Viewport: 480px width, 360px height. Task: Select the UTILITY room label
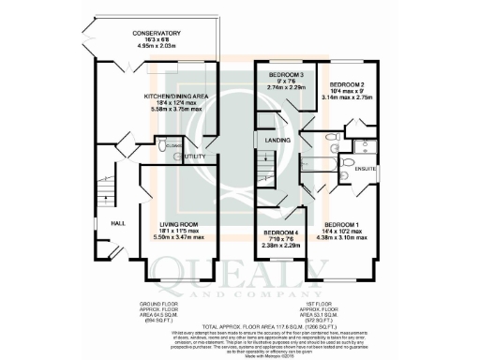[195, 156]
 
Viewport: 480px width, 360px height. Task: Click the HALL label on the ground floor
[119, 224]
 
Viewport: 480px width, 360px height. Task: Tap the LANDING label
[278, 142]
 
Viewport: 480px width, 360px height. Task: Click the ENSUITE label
[365, 169]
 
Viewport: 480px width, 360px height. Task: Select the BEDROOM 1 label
[345, 226]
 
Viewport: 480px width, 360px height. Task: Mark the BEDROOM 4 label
[280, 232]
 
